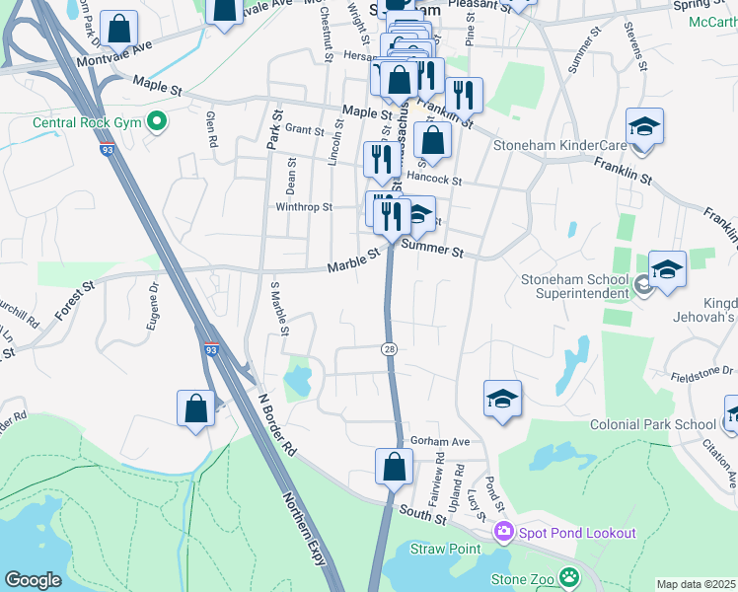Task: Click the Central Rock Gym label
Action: (x=88, y=123)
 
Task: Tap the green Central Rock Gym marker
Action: (x=156, y=122)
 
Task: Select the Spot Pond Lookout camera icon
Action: (x=504, y=533)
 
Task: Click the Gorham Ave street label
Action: (x=441, y=441)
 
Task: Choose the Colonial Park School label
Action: (x=652, y=424)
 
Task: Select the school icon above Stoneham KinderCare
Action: (x=644, y=128)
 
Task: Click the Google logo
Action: (x=33, y=579)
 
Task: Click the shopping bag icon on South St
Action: (x=394, y=468)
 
